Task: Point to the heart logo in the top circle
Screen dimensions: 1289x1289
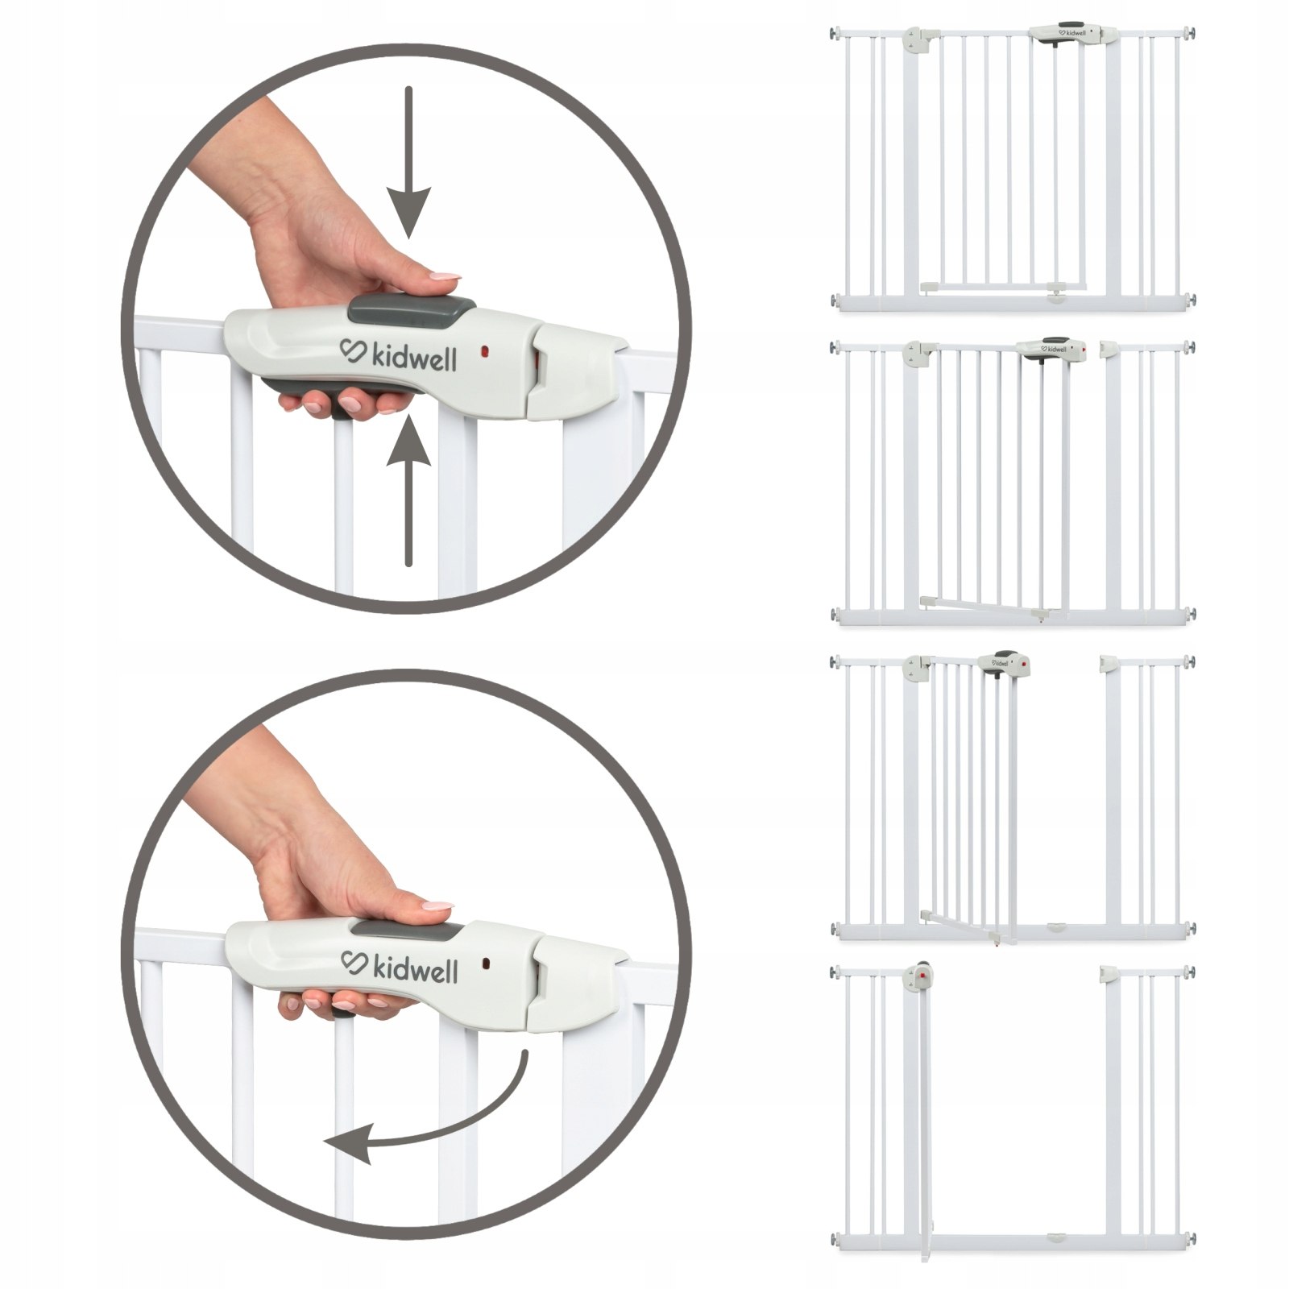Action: point(352,352)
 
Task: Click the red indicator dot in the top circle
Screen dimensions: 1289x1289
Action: point(485,352)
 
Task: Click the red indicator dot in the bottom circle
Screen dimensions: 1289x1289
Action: point(487,962)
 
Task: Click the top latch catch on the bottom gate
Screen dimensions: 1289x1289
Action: point(1109,974)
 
